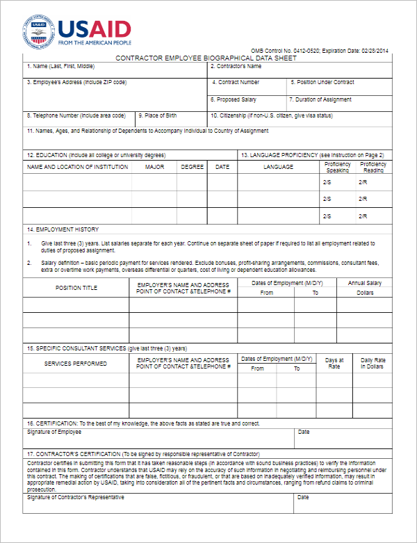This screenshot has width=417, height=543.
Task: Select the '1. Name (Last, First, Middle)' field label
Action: point(60,67)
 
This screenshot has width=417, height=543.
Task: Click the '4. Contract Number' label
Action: point(236,82)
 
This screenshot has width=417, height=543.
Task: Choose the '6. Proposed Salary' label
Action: point(234,99)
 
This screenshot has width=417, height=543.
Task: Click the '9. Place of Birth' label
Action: point(158,115)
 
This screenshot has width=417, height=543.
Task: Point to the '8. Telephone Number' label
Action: point(76,115)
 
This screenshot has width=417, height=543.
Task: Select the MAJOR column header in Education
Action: point(155,167)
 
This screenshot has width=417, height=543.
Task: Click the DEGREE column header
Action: point(192,167)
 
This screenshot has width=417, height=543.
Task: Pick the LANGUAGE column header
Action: point(278,167)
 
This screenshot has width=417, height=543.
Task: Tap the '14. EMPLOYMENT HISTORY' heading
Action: point(63,229)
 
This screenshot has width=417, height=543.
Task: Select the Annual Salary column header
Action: point(365,283)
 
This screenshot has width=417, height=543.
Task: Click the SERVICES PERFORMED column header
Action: point(76,364)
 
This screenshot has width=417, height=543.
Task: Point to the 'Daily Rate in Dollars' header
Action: point(372,363)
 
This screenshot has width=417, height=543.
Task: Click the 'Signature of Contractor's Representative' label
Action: point(76,497)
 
